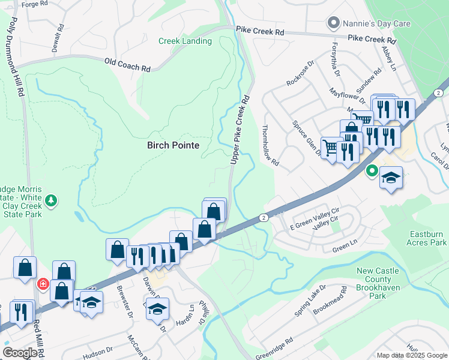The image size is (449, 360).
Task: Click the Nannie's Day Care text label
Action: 376,24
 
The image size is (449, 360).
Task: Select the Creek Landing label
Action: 185,41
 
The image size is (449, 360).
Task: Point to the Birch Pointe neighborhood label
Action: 173,145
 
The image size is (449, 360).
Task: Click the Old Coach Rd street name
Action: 127,62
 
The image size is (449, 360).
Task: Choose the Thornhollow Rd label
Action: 271,145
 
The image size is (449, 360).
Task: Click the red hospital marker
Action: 43,284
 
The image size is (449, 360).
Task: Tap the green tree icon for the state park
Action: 52,200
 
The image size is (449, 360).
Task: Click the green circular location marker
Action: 372,172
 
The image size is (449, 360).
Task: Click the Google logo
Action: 20,353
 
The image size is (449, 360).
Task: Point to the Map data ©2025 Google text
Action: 412,355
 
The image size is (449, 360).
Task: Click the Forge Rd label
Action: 34,4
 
